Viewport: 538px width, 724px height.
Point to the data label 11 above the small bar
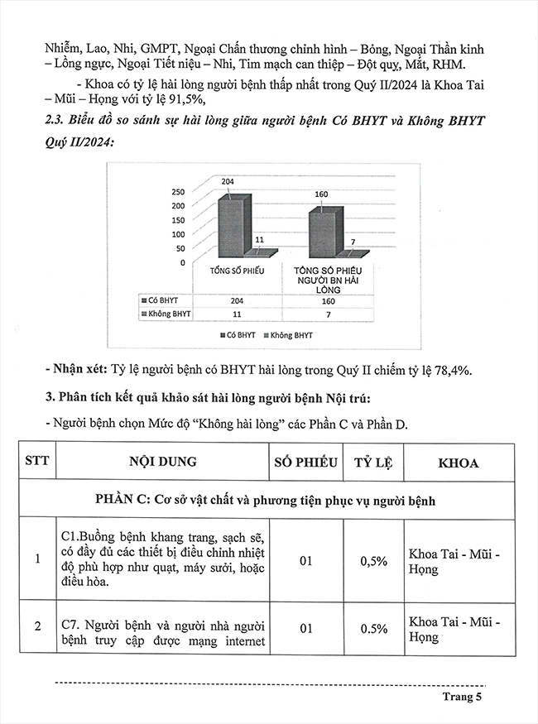point(259,240)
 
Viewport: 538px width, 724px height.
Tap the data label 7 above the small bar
point(353,242)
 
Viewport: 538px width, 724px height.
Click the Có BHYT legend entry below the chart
point(234,334)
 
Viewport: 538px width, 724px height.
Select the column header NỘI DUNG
point(163,463)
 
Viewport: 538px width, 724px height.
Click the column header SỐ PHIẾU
point(305,463)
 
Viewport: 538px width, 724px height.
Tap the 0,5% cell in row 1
point(373,561)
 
